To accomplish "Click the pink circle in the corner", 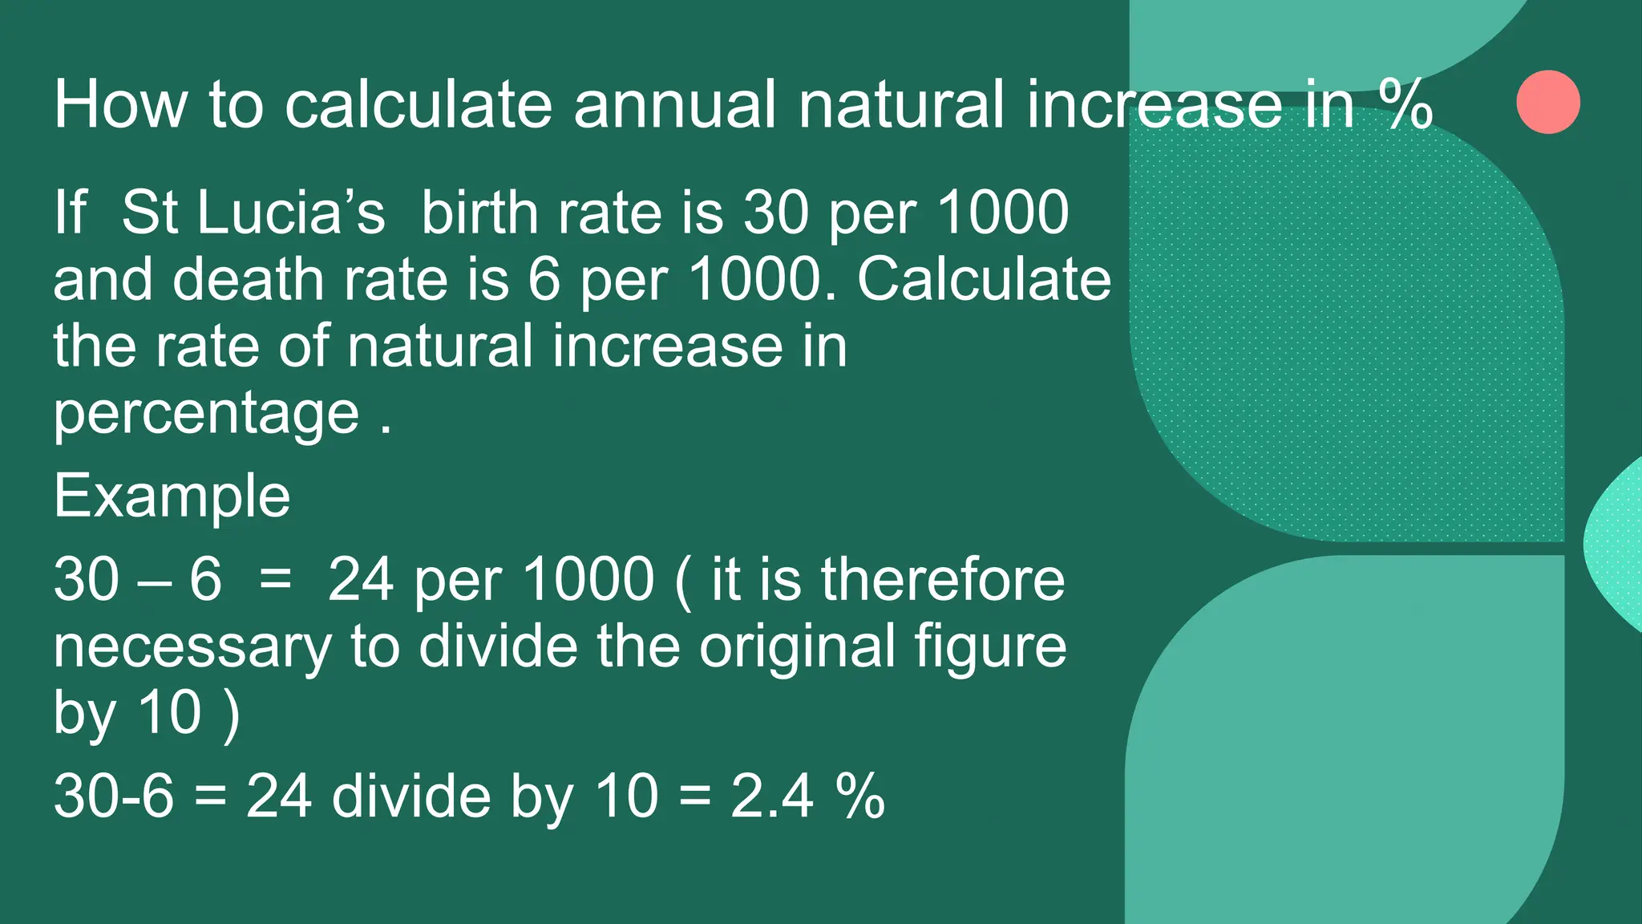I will [1548, 102].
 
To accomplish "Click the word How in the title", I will [120, 104].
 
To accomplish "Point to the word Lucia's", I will [291, 213].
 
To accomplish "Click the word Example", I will [172, 496].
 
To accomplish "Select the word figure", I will [991, 648].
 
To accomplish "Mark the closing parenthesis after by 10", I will [232, 714].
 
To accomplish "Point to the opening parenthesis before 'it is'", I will [684, 581].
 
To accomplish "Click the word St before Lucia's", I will [150, 213].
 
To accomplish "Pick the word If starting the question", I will [70, 213].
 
